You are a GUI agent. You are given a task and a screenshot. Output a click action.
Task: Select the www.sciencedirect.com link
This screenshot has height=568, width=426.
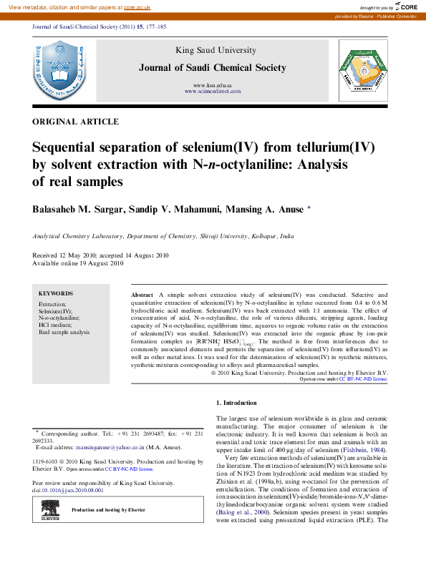[x=212, y=92]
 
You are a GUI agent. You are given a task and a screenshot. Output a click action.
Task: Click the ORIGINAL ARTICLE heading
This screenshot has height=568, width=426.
[x=75, y=122]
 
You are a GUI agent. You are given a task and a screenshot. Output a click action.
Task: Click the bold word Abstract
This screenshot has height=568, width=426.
[x=142, y=295]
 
